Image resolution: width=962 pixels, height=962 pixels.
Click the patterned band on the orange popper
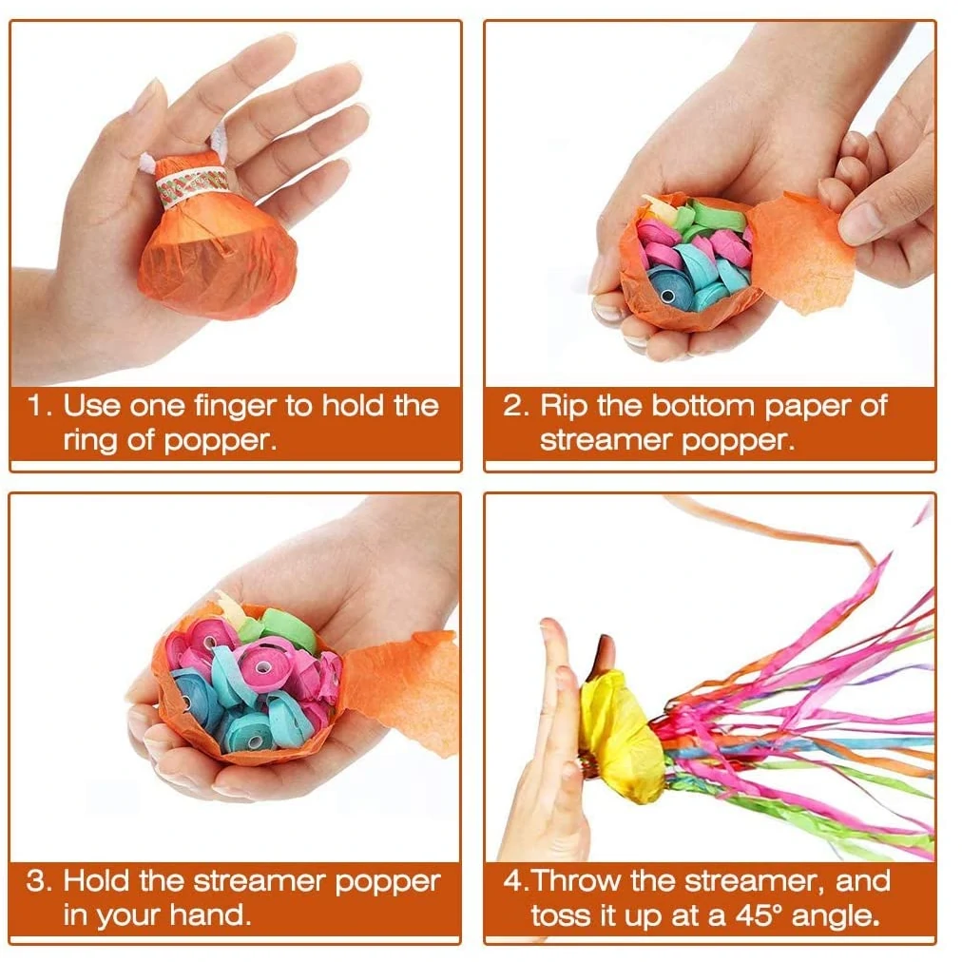tap(193, 183)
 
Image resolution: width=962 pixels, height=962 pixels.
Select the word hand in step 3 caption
tap(210, 915)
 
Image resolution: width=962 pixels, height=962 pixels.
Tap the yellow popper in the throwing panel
tap(620, 732)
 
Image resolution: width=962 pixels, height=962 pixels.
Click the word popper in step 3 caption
tap(388, 882)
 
